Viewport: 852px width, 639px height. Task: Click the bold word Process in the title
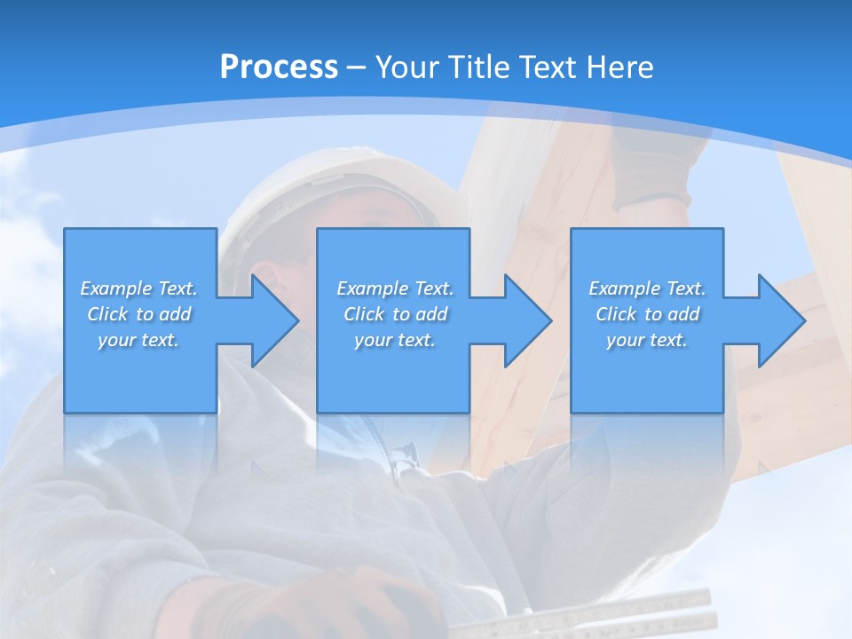coord(279,67)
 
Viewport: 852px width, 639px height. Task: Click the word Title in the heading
coord(475,67)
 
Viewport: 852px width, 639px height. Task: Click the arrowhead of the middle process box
coord(526,320)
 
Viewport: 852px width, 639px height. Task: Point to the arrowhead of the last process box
coord(780,320)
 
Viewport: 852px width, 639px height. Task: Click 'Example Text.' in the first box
coord(139,288)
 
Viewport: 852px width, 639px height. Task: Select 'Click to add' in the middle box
coord(395,314)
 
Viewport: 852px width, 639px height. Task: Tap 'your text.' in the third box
coord(647,340)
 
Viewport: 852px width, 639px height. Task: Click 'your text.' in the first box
coord(139,340)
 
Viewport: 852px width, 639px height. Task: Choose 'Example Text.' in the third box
coord(647,288)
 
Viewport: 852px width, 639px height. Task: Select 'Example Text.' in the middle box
coord(395,288)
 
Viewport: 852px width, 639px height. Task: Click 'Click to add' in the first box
coord(139,314)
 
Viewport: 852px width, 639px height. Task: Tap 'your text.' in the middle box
coord(395,340)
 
